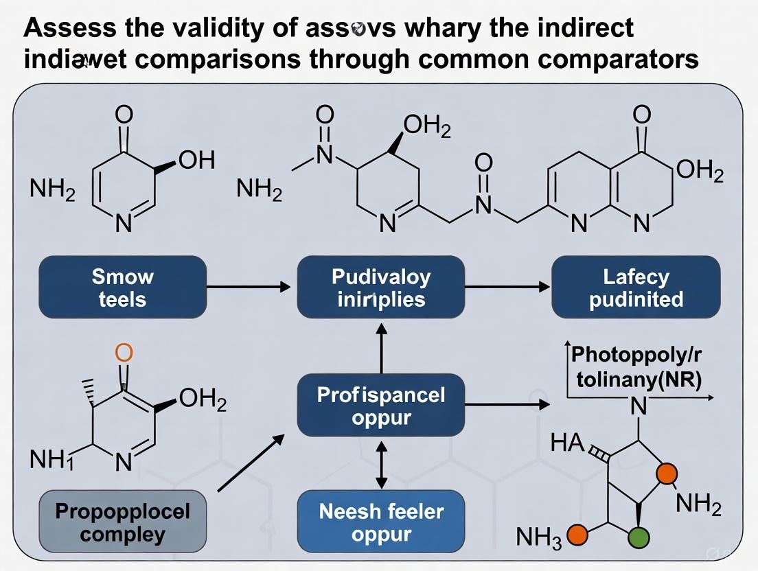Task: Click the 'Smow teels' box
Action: tap(122, 288)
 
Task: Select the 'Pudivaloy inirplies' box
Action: tap(381, 288)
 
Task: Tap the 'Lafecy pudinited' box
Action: tap(636, 288)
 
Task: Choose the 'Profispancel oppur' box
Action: tap(381, 406)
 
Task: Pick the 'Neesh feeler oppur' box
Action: tap(381, 522)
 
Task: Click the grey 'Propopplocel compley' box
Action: tap(122, 522)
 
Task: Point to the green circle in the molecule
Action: tap(639, 536)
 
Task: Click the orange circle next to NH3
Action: tap(578, 535)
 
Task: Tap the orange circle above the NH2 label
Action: tap(666, 474)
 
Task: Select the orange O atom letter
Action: tap(124, 353)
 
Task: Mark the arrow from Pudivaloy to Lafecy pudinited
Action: tap(508, 287)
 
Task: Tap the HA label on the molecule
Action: tap(567, 443)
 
